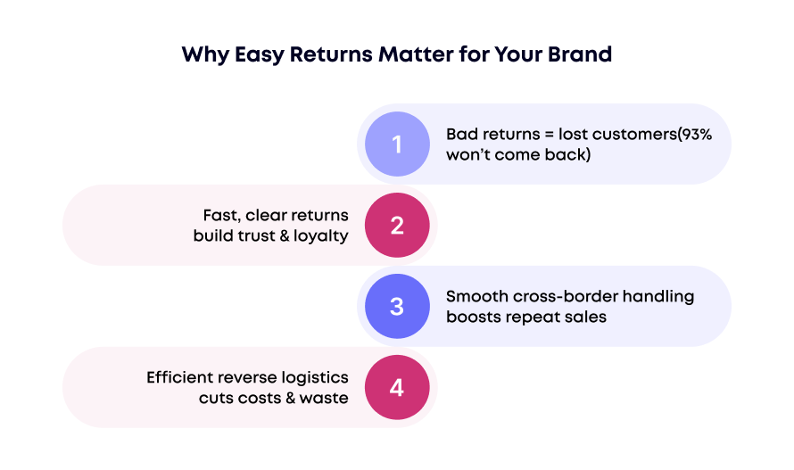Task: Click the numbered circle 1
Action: coord(397,144)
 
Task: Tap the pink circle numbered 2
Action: coord(397,226)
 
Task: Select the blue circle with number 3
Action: coord(397,307)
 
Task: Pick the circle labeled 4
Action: coord(397,388)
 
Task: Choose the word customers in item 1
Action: coord(633,134)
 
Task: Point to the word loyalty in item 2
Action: coord(318,236)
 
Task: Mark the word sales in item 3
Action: coord(585,317)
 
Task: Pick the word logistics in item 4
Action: coord(314,378)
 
